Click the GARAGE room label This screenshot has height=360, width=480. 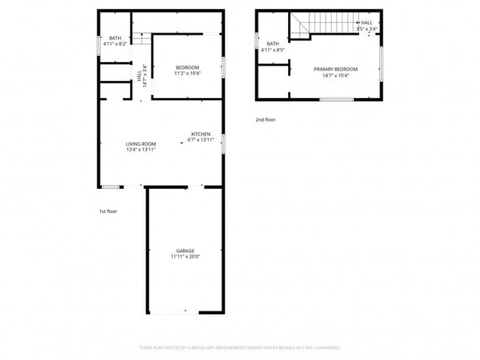click(x=185, y=251)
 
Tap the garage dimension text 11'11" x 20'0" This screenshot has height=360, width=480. click(x=185, y=257)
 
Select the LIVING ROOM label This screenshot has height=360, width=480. click(x=140, y=144)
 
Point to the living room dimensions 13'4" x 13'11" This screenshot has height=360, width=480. click(x=140, y=150)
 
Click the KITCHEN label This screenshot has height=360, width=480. click(x=201, y=134)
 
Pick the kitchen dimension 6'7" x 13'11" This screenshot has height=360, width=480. click(x=200, y=140)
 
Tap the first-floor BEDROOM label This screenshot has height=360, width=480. click(x=187, y=68)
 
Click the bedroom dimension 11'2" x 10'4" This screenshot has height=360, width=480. click(x=187, y=74)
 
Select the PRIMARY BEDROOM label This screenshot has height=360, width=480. click(x=331, y=69)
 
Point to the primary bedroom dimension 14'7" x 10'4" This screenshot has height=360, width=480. click(x=331, y=75)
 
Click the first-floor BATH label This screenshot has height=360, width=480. click(x=115, y=38)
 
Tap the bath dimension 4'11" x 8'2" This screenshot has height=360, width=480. click(x=115, y=44)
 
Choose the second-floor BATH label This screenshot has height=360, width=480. click(x=273, y=44)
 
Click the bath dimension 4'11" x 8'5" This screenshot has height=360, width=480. click(x=273, y=50)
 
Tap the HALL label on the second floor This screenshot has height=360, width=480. click(x=366, y=23)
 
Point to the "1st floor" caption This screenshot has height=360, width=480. click(x=108, y=212)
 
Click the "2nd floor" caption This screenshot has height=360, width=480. click(x=265, y=120)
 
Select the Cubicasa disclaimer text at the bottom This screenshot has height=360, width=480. click(x=240, y=347)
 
